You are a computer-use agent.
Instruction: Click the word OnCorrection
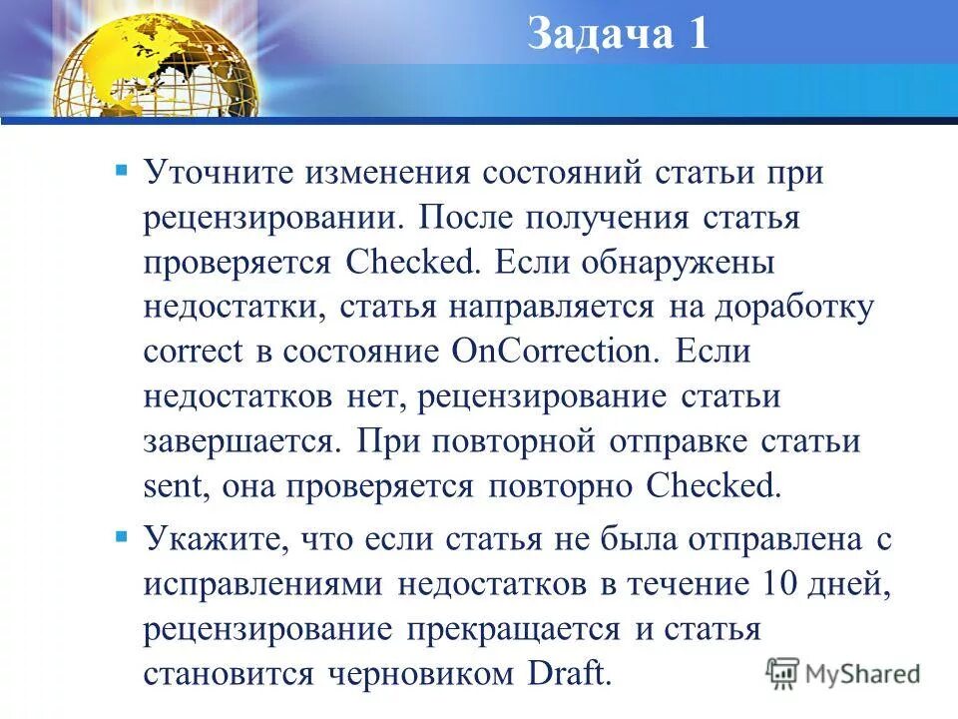tap(551, 352)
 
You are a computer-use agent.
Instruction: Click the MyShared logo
tap(843, 672)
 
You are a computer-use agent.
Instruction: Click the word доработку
tap(793, 307)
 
